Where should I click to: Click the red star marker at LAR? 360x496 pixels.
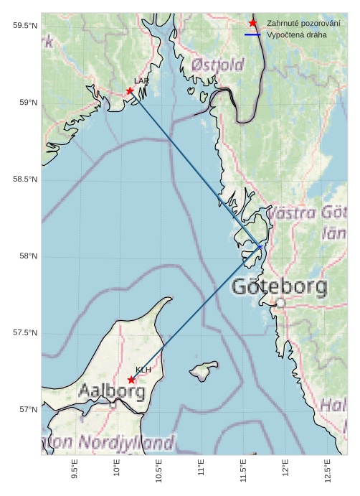(130, 91)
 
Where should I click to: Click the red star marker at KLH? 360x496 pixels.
(131, 380)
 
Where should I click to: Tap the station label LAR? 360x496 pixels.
(141, 81)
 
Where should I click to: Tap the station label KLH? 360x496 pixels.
(143, 369)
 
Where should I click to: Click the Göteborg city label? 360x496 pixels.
(280, 287)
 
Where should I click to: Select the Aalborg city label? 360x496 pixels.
(112, 392)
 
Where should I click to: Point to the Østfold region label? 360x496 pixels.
(218, 65)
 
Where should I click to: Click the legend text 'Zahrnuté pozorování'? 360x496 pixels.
(303, 24)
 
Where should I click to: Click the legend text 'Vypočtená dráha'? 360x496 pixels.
(296, 34)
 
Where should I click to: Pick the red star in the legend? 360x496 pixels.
(252, 24)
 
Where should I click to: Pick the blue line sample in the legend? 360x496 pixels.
(252, 34)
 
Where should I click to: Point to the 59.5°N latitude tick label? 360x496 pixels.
(24, 26)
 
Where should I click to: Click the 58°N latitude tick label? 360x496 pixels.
(27, 256)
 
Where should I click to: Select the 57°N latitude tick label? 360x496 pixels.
(27, 410)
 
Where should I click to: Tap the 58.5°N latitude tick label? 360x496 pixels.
(24, 179)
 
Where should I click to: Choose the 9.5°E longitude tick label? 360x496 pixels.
(75, 469)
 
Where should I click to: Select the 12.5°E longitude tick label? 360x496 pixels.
(328, 469)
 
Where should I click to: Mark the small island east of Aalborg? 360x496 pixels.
(204, 370)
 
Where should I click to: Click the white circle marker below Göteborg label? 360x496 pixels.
(280, 304)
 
